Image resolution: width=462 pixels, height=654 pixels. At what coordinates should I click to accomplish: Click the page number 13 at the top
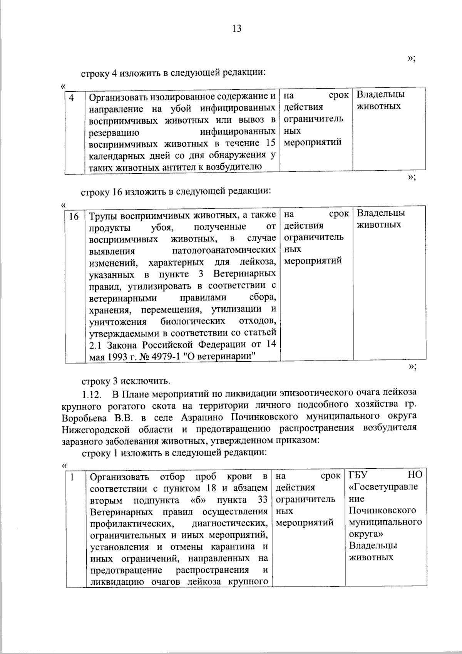[x=237, y=29]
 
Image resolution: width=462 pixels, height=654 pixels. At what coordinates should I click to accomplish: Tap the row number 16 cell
[x=74, y=216]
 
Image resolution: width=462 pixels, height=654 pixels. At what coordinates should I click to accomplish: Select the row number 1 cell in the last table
[x=72, y=477]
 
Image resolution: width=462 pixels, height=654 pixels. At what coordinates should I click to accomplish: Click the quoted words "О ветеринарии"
[x=221, y=357]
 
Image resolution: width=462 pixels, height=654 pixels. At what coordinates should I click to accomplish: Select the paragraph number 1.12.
[x=92, y=394]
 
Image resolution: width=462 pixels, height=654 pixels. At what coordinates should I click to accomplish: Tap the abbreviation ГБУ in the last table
[x=358, y=475]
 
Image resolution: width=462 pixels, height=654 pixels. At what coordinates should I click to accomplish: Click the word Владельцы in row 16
[x=381, y=213]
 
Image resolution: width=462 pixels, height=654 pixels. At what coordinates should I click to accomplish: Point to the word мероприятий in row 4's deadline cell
[x=313, y=143]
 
